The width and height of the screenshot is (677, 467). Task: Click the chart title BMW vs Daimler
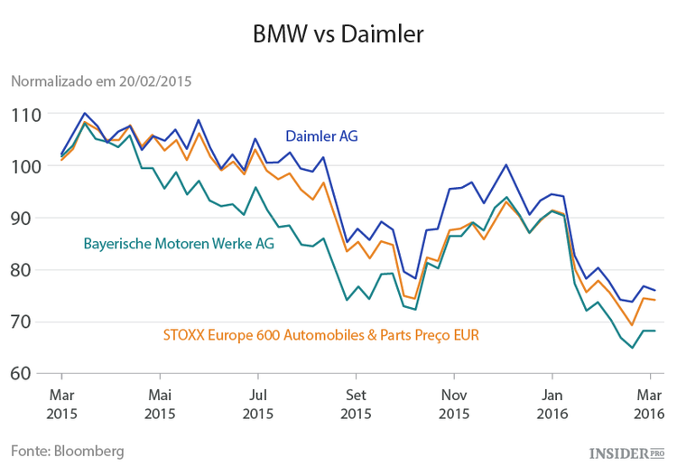(338, 34)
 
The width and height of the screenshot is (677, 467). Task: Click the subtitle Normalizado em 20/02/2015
(100, 80)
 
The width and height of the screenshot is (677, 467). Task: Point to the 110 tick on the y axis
(25, 115)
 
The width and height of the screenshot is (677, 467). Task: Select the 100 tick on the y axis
(25, 166)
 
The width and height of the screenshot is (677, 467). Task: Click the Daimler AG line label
(321, 136)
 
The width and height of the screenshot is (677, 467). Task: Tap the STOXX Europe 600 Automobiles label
(320, 334)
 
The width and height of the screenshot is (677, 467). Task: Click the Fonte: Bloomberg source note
(67, 449)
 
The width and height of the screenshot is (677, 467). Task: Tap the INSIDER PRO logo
(626, 451)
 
